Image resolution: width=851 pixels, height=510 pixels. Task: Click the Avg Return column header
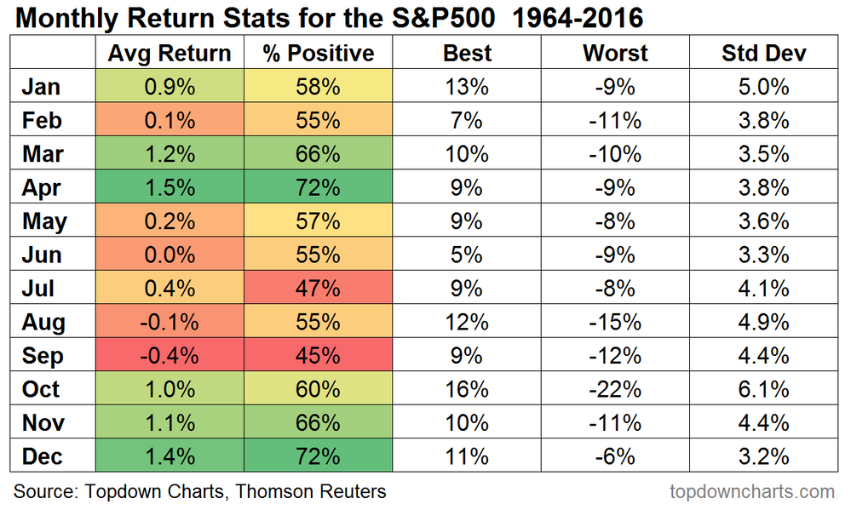pos(170,53)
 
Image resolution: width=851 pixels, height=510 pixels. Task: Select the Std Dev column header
pos(764,53)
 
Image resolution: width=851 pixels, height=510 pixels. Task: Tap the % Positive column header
pos(318,53)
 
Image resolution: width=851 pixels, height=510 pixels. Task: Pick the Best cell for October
pos(467,389)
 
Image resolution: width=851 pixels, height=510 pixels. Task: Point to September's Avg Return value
pos(170,356)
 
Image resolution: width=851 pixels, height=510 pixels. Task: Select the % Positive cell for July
pos(318,289)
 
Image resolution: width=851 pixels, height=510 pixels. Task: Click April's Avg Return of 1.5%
pos(170,187)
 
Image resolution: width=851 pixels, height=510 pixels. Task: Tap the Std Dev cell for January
pos(764,87)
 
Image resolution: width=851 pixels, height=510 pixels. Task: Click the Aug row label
pos(43,322)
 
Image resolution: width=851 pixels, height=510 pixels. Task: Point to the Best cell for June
pos(467,255)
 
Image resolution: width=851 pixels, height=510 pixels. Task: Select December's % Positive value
pos(318,456)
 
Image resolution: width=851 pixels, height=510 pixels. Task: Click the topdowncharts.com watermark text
pos(752,491)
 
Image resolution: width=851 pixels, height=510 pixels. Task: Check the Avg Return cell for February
pos(170,120)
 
